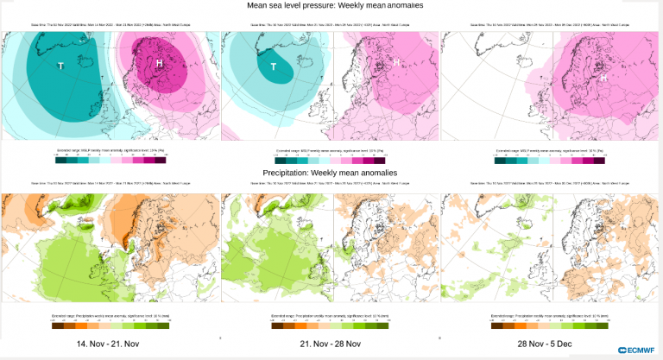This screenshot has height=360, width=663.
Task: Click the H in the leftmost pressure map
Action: [x=160, y=64]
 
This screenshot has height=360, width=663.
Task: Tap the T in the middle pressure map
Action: [x=274, y=67]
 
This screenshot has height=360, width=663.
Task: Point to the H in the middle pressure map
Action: [x=396, y=62]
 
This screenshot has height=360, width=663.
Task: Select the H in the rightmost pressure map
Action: [x=604, y=78]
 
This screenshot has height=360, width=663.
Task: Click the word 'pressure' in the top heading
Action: [x=330, y=8]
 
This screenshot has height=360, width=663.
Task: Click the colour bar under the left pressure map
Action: [x=110, y=160]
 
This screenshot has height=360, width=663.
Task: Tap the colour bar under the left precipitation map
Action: [x=110, y=325]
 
